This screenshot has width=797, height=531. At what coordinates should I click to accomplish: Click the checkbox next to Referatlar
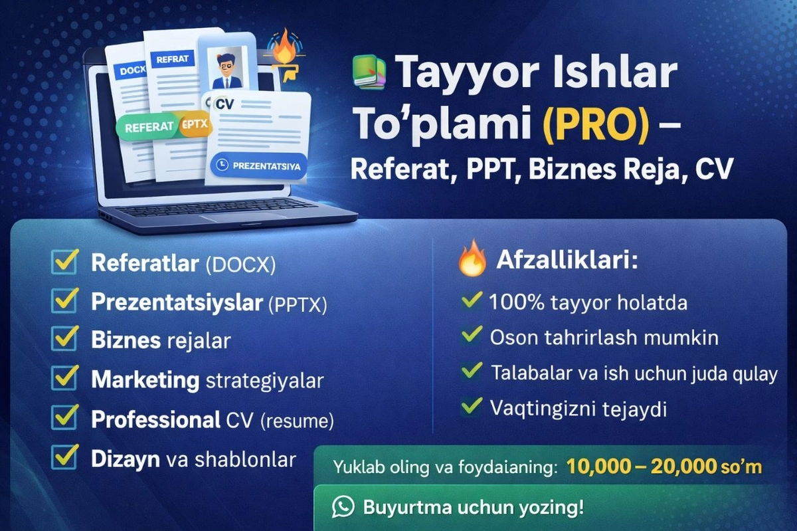(x=65, y=263)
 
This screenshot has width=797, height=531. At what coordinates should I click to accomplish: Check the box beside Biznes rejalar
(x=65, y=340)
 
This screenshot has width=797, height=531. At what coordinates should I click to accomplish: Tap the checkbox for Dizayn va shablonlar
(x=65, y=458)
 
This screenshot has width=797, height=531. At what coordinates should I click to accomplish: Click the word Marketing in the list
(x=145, y=380)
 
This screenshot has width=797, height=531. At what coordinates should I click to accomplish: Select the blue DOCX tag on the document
(x=132, y=70)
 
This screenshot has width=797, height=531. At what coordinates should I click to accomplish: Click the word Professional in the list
(x=155, y=420)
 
